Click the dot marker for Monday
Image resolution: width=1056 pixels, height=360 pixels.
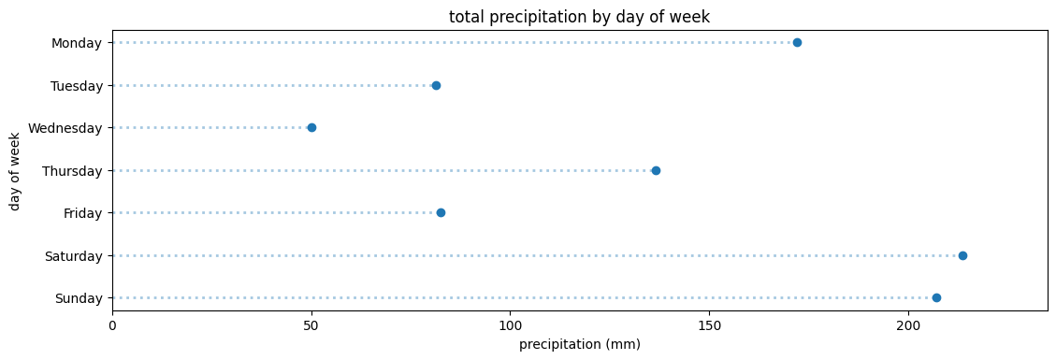coord(797,43)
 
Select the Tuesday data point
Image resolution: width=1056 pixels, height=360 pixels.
coord(436,85)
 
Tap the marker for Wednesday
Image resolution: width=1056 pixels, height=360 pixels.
coord(311,128)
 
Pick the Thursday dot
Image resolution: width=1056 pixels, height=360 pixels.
coord(656,170)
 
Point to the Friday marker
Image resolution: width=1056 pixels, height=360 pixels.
coord(441,213)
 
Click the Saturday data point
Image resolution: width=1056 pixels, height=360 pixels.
coord(962,255)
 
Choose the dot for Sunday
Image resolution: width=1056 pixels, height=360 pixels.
coord(936,298)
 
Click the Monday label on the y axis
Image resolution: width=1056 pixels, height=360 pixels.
coord(77,43)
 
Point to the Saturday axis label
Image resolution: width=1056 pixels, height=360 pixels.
coord(73,255)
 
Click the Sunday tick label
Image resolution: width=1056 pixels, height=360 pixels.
coord(79,298)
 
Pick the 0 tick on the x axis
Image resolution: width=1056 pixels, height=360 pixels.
coord(112,325)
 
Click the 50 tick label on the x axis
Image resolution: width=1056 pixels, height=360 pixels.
coord(311,325)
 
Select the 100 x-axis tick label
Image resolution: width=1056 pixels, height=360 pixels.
coord(511,325)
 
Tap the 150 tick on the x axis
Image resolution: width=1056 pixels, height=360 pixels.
coord(709,325)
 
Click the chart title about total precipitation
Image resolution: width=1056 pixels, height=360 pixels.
coord(579,16)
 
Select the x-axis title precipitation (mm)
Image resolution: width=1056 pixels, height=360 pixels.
coord(579,345)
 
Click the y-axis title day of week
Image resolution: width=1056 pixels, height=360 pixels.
coord(15,170)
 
